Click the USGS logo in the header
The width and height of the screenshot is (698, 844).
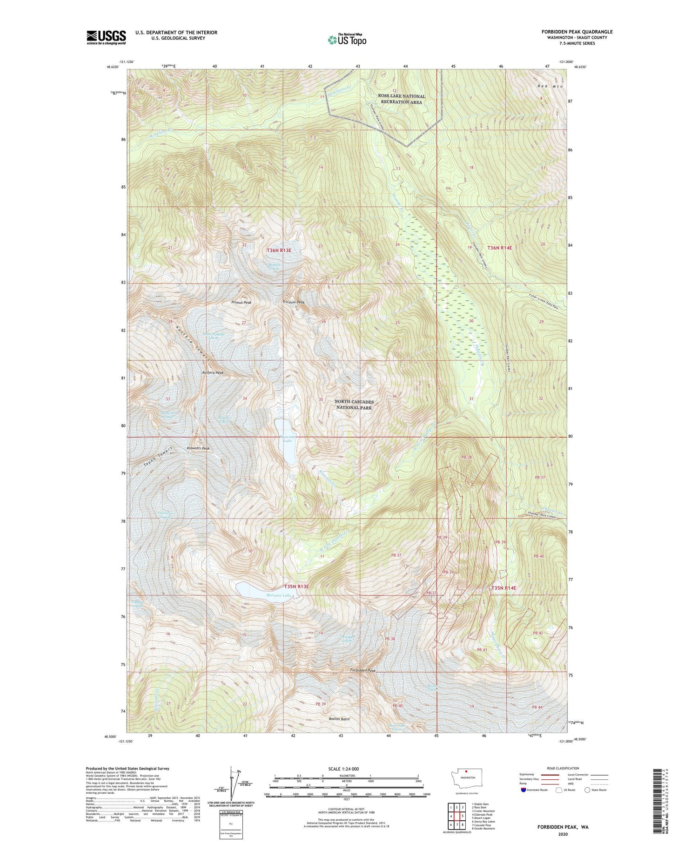(x=106, y=37)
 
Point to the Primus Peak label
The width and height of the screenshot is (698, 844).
(x=241, y=303)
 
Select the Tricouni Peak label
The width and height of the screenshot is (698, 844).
(x=293, y=303)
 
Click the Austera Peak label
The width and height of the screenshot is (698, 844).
(x=213, y=373)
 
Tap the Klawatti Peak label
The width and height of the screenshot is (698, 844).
(x=198, y=448)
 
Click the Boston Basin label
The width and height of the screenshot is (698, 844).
(x=339, y=719)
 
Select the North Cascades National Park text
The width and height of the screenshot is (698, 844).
(x=354, y=405)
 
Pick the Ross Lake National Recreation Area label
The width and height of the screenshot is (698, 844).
(x=401, y=99)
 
